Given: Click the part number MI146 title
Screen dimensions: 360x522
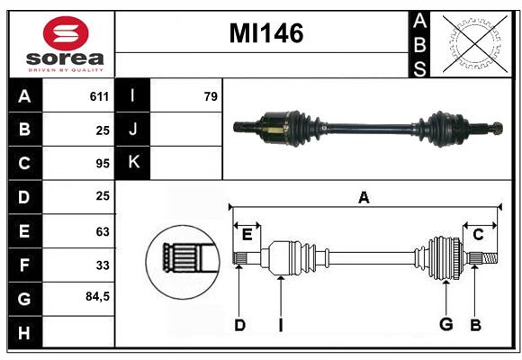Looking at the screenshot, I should pos(265,34).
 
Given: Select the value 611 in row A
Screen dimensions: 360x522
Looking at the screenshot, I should pos(99,96).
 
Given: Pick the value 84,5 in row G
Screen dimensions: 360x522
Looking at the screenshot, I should pos(96,296).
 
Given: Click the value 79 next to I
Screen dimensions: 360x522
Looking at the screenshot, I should pos(211,96).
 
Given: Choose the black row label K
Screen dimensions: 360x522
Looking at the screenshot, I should pos(133,163).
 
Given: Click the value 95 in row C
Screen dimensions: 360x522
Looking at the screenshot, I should pos(101,163).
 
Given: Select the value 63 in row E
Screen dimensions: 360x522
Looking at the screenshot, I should pos(101,230).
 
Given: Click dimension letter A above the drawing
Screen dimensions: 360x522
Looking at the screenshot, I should pos(364,198).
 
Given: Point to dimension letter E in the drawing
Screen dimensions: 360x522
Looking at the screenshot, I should pos(247,235).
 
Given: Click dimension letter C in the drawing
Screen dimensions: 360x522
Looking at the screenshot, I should pos(478,235).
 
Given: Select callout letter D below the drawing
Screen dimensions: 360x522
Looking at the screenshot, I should pos(239,325).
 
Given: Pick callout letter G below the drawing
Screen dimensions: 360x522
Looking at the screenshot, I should pos(445,325).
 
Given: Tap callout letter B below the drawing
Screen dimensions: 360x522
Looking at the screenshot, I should pos(476,325).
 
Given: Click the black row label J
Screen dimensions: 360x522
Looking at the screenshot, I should pos(133,130).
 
